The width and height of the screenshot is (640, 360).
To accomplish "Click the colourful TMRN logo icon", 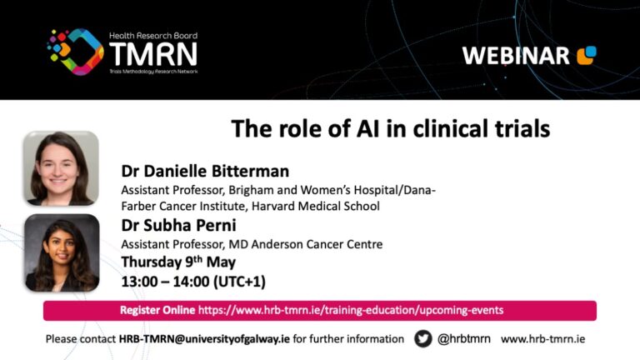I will (75, 52).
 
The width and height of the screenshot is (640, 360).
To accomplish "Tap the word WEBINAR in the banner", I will (516, 56).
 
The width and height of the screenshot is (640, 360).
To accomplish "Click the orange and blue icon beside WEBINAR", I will (587, 55).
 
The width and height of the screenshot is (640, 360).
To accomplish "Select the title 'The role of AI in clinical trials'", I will (390, 129).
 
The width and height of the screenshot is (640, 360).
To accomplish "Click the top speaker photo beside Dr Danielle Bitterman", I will (60, 168).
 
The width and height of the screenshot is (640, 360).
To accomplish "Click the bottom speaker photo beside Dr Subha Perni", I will (60, 253).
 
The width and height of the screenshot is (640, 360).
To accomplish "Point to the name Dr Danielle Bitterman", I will (205, 172).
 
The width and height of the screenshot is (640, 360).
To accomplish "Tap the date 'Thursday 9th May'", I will (178, 262).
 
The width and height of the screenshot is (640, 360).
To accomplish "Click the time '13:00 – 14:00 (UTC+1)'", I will (193, 281).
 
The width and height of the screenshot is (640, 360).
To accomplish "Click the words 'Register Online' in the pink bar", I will (157, 310).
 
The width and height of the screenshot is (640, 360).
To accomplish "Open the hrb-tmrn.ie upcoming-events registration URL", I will (350, 310).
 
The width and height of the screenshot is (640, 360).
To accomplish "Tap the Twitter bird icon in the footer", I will (422, 338).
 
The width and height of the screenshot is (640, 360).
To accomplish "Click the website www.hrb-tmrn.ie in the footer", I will (542, 339).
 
